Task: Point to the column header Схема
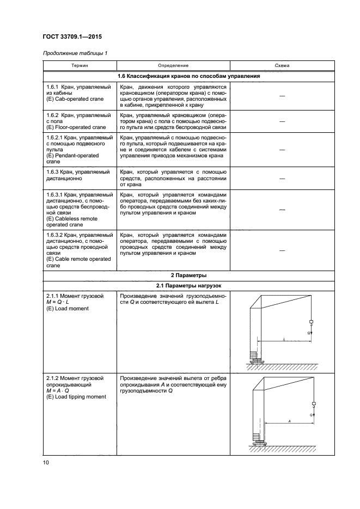click(282, 65)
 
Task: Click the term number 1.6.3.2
click(54, 235)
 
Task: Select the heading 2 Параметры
click(188, 275)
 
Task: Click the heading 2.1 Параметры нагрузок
click(188, 286)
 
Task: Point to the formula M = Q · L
click(59, 302)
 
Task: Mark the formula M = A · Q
click(59, 390)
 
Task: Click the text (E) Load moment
click(68, 309)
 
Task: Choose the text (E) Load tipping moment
click(76, 397)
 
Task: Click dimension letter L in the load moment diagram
click(284, 339)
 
